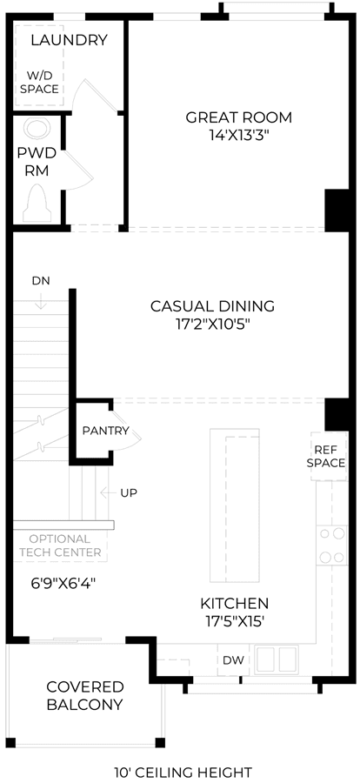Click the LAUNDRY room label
point(69,40)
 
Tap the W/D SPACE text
point(43,82)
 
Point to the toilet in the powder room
point(37,203)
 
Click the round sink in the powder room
point(37,129)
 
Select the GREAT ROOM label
point(238,117)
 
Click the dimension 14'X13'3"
point(238,136)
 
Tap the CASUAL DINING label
point(213,305)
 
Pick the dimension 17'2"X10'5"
point(213,324)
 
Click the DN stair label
point(41,280)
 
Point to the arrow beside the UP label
point(108,493)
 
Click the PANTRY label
point(106,431)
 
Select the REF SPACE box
point(329,457)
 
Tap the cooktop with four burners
point(331,545)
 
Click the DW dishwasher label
point(233,660)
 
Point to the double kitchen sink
point(277,659)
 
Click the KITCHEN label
point(235,603)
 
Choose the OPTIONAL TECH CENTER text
point(60,545)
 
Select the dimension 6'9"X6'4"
point(63,582)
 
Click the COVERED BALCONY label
point(85,696)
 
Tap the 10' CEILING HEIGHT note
point(183,772)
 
